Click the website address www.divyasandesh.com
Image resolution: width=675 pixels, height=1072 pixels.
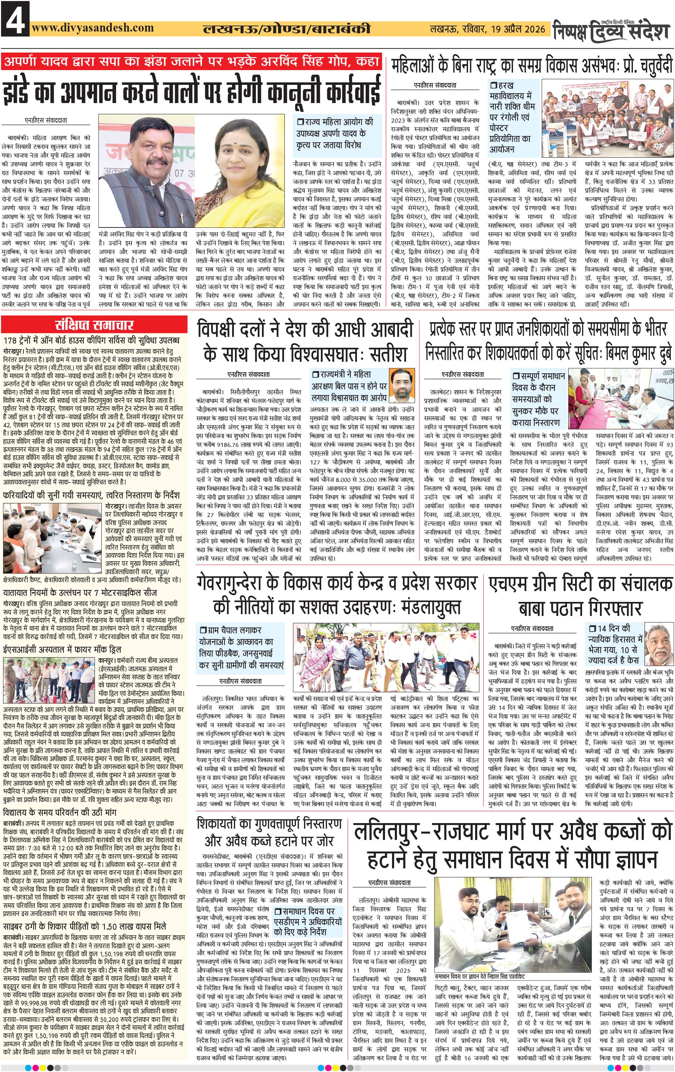(93, 28)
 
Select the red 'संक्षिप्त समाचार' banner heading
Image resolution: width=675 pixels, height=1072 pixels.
(94, 324)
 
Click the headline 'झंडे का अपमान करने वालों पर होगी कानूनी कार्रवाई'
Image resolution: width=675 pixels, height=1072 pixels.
(191, 90)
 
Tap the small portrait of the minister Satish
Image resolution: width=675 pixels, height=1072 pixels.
(401, 384)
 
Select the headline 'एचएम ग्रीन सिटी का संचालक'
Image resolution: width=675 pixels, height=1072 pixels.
(580, 584)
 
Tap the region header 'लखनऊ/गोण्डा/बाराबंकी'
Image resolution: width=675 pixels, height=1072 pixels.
(286, 29)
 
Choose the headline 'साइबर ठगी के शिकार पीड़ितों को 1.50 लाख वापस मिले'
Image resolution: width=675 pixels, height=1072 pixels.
(85, 925)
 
